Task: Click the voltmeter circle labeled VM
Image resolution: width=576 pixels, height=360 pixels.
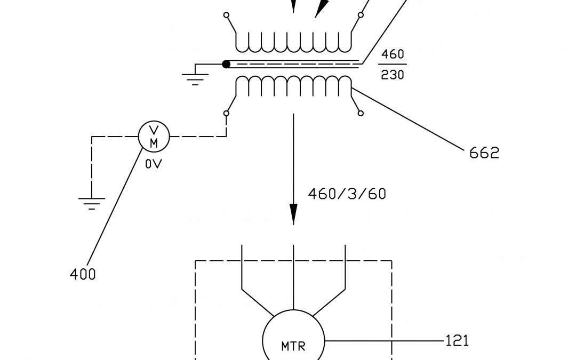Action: [x=154, y=137]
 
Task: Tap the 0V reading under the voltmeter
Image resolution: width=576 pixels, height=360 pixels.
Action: [x=153, y=164]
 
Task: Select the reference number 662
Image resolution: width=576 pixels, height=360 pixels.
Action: [x=484, y=153]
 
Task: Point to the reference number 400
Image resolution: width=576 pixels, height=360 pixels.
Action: [x=83, y=275]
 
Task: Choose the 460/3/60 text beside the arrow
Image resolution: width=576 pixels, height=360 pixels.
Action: [x=347, y=194]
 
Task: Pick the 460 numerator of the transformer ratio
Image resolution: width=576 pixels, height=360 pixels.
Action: [x=393, y=55]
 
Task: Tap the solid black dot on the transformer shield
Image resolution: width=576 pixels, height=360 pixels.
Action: [x=226, y=64]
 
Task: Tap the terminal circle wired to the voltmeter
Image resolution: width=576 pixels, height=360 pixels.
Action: [x=226, y=113]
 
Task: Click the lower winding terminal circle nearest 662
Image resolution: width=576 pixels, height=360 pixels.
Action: [x=361, y=113]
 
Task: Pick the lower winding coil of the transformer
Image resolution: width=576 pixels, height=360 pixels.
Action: [x=294, y=85]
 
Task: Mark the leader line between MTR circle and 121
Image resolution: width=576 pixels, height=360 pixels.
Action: [x=384, y=340]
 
